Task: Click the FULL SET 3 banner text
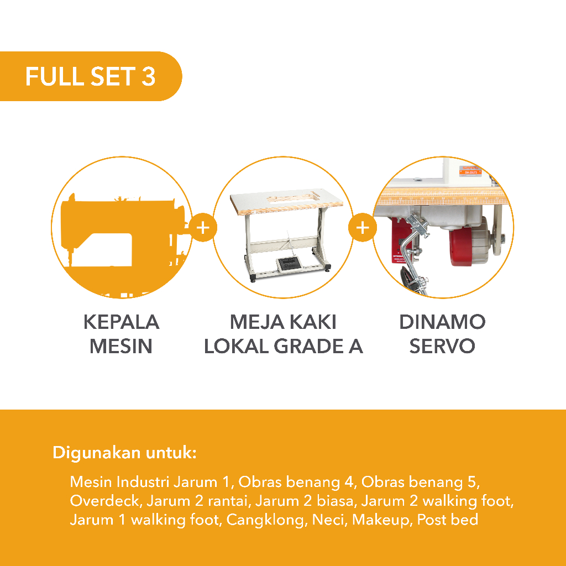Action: tap(90, 76)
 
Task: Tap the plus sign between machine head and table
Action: tap(203, 227)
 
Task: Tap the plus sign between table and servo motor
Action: tap(363, 227)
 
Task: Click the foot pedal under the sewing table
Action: tap(289, 263)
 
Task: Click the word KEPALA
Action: tap(121, 322)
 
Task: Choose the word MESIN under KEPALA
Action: tap(121, 346)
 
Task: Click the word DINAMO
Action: tap(442, 322)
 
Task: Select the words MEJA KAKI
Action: tap(283, 322)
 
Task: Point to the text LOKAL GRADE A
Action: tap(284, 346)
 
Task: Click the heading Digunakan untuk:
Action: tap(124, 452)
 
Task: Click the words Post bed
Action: tap(448, 520)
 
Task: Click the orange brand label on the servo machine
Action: tap(471, 171)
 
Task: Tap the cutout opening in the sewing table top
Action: tap(293, 197)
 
